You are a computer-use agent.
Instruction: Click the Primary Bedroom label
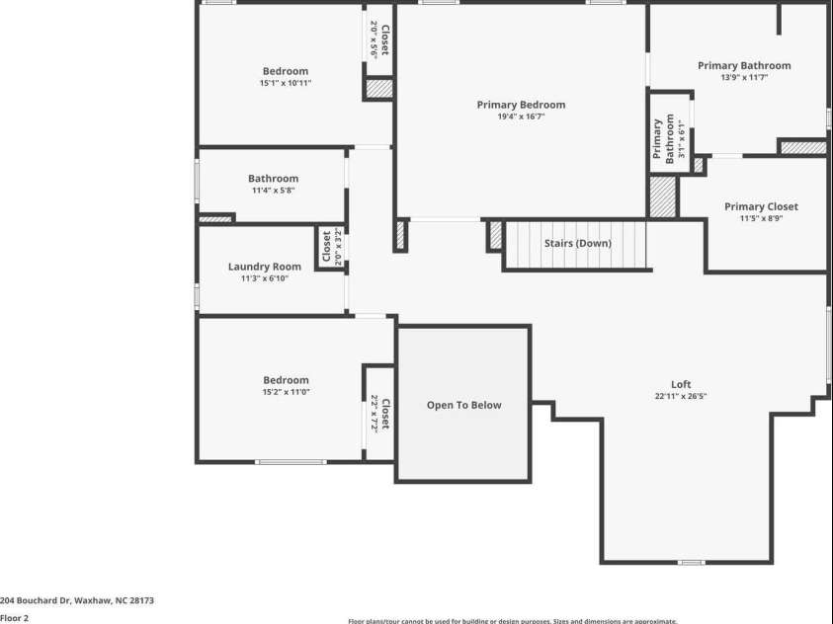(521, 105)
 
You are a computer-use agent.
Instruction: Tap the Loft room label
(681, 384)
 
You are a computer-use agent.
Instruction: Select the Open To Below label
(463, 405)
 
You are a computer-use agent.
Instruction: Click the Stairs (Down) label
(577, 243)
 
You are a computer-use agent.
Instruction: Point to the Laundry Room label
(264, 267)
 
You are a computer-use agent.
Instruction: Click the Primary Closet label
(761, 206)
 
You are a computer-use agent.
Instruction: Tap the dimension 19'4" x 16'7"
(521, 117)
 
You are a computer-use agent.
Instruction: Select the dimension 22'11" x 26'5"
(681, 396)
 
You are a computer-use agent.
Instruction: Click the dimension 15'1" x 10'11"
(285, 83)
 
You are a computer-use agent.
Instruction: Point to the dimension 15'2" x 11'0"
(286, 392)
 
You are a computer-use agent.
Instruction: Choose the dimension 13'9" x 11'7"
(744, 77)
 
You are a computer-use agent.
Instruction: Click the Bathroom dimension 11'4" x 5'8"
(273, 191)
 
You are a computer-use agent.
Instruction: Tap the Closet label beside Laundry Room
(326, 247)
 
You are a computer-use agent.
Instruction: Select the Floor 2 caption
(15, 618)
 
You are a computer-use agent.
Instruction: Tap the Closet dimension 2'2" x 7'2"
(375, 415)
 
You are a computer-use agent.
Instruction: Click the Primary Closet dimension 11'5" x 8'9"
(761, 219)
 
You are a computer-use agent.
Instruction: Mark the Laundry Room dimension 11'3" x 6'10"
(264, 278)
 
